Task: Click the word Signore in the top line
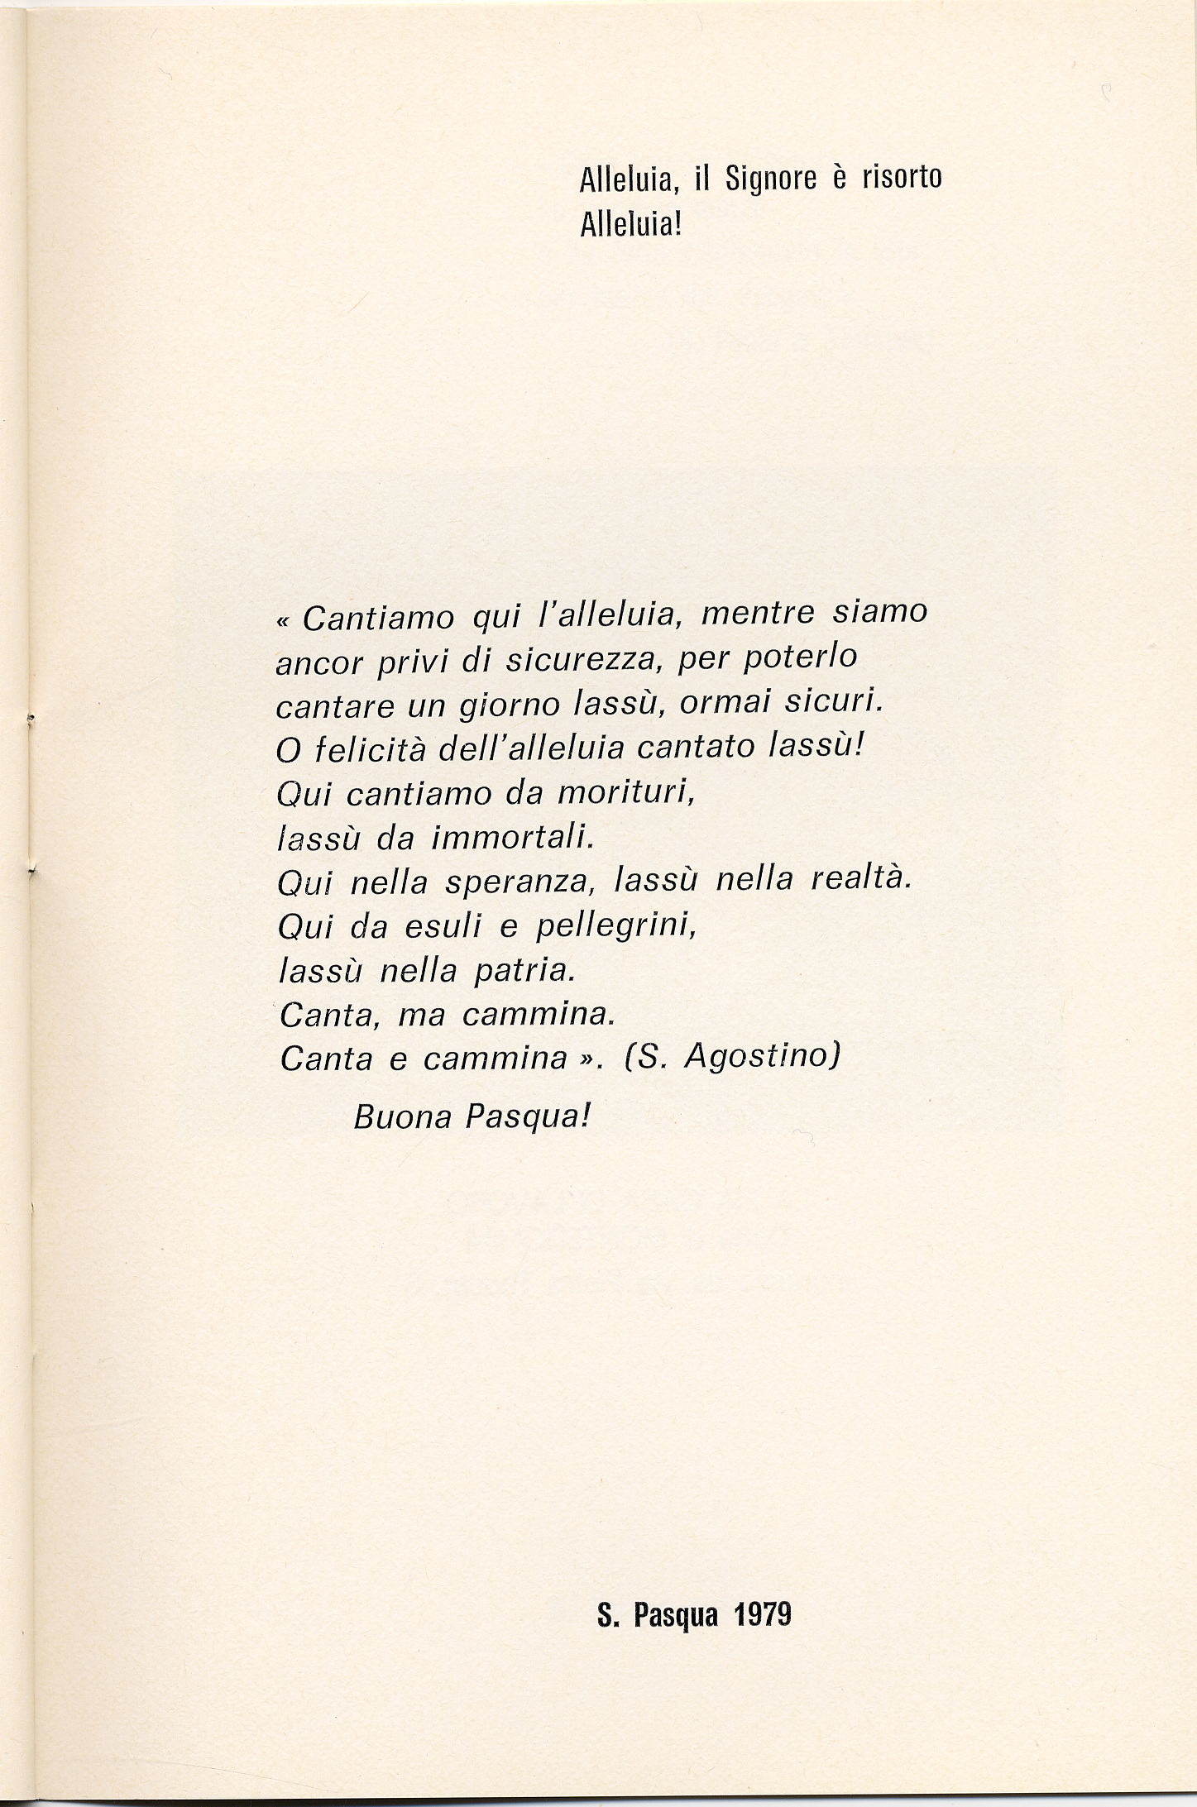[x=770, y=180]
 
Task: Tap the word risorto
[x=903, y=178]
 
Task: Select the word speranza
[x=520, y=883]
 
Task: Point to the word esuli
[x=443, y=927]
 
